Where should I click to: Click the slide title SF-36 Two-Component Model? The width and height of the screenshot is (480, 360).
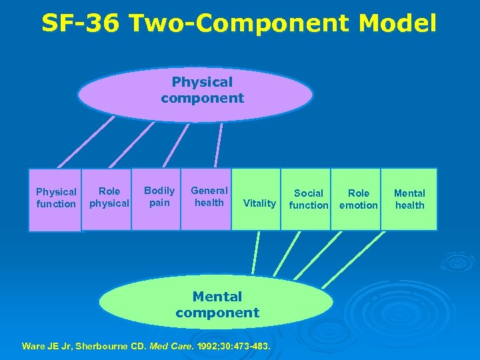[x=239, y=23]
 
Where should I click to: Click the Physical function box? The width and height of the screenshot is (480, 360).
[x=55, y=199]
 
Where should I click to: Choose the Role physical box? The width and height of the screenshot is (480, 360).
[x=108, y=198]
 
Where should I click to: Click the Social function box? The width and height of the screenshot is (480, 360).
[x=307, y=199]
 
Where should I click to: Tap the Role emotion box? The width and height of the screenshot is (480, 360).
[x=358, y=199]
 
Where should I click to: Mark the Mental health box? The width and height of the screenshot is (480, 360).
[x=409, y=199]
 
